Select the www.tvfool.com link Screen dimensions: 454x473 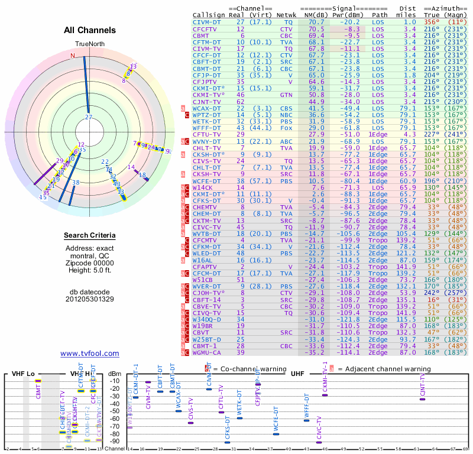[x=89, y=354]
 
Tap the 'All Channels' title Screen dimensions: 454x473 [x=89, y=30]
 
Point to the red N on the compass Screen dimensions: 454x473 [x=73, y=56]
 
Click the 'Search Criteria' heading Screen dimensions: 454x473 [x=89, y=236]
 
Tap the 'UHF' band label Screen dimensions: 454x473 [x=297, y=374]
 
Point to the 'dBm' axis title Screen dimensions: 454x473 [x=114, y=374]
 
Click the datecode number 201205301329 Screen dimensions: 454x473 [x=89, y=299]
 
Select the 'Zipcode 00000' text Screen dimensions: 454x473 [x=89, y=263]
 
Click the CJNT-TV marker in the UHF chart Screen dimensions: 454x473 [x=422, y=399]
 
